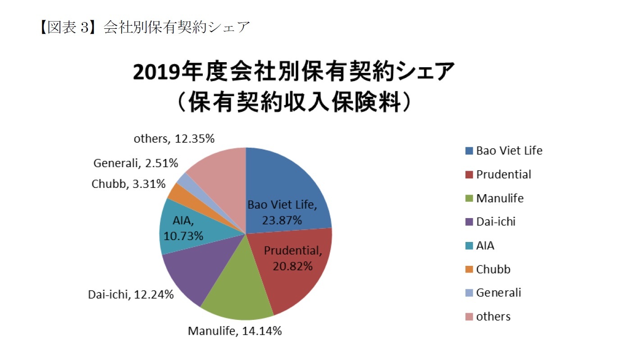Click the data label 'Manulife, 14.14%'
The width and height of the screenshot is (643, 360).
pyautogui.click(x=235, y=331)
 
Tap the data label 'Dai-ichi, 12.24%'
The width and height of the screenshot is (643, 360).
pyautogui.click(x=130, y=295)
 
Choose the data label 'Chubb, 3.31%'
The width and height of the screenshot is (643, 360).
pyautogui.click(x=128, y=184)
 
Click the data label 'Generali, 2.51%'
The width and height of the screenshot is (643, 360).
pyautogui.click(x=136, y=163)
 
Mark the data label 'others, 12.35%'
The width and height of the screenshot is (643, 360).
pyautogui.click(x=174, y=139)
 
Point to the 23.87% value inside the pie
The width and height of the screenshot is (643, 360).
pyautogui.click(x=282, y=220)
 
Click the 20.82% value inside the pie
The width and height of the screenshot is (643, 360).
pyautogui.click(x=292, y=266)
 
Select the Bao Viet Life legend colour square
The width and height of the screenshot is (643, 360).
pyautogui.click(x=469, y=151)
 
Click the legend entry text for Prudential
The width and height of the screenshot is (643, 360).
pyautogui.click(x=504, y=174)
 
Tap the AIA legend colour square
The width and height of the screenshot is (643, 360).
pyautogui.click(x=469, y=246)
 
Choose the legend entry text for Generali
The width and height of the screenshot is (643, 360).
pyautogui.click(x=498, y=292)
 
